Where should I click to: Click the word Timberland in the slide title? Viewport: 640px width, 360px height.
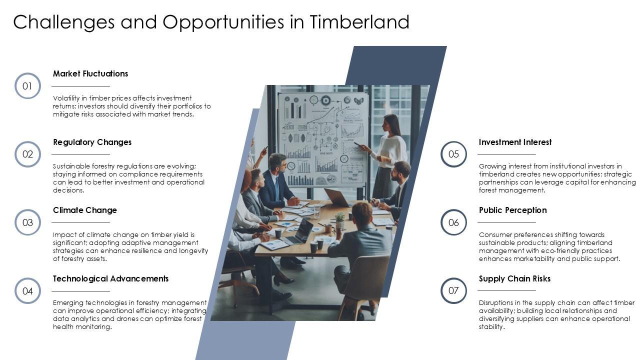359,21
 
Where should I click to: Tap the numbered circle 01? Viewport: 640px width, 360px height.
27,74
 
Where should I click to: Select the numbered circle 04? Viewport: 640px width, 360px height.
27,279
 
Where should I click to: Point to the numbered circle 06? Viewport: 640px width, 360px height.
453,210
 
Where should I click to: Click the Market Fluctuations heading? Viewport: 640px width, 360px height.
90,73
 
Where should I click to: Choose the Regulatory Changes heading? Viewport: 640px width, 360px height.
92,142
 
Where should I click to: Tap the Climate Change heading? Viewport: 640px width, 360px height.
85,210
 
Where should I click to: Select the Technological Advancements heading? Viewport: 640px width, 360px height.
111,278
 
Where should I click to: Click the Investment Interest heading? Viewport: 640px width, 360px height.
515,142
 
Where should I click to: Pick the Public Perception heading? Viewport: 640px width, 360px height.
513,210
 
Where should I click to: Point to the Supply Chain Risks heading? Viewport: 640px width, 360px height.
514,278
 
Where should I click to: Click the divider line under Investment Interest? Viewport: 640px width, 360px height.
506,154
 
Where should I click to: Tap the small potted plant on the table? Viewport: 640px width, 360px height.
339,220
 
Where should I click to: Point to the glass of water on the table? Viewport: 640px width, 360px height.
317,211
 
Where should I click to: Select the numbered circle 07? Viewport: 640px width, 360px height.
453,279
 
